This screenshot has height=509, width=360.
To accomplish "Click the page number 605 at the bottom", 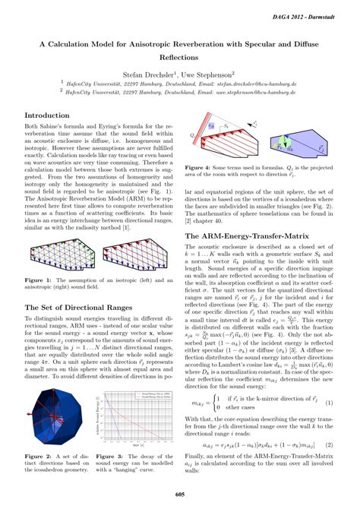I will pyautogui.click(x=180, y=495).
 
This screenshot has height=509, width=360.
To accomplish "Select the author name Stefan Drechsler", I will pyautogui.click(x=149, y=75).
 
